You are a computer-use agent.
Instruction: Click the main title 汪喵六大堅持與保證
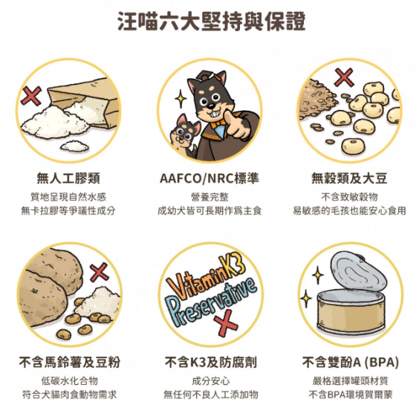212,21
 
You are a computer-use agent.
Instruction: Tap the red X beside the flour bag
31,96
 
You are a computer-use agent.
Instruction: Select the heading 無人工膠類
68,178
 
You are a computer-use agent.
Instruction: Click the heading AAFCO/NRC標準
209,178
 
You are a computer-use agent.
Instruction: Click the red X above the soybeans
344,77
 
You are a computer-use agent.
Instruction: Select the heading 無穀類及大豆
349,178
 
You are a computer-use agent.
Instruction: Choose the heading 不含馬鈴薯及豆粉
70,362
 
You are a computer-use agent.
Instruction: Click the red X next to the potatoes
100,272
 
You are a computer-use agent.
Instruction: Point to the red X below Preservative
226,323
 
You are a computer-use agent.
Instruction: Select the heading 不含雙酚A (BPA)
350,362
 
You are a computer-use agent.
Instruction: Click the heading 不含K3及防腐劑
211,362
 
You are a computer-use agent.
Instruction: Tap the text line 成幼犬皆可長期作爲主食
209,211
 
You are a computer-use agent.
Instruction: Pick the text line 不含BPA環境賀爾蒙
350,394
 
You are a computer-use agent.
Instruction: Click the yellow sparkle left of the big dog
181,99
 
